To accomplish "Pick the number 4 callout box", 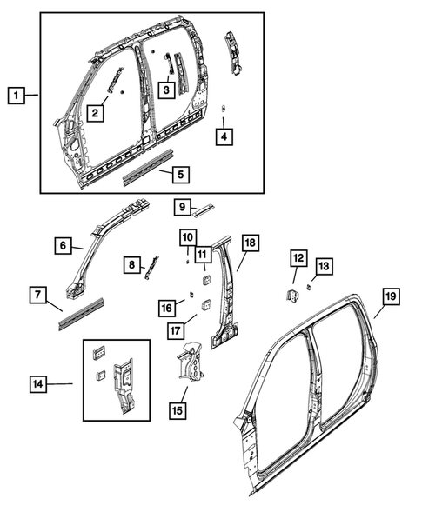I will tap(224, 136).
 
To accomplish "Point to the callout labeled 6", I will tap(64, 246).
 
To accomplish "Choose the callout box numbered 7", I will tap(39, 296).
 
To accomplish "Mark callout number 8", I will tap(131, 264).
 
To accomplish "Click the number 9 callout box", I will tap(182, 207).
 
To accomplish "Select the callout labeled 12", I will tap(298, 257).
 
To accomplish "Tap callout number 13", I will tap(323, 265).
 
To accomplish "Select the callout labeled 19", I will tap(390, 297).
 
